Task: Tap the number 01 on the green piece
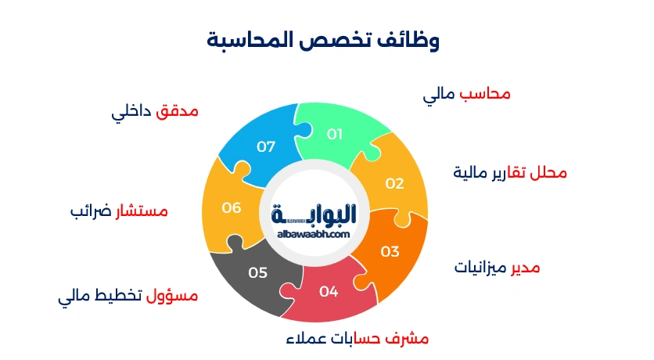335,134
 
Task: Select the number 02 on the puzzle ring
394,184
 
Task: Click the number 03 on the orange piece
390,251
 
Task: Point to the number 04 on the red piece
329,292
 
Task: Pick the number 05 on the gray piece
258,272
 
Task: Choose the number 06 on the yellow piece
231,207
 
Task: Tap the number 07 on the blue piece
266,146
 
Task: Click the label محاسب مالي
467,95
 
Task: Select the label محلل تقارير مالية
510,172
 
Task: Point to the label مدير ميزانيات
498,268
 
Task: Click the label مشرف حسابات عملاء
355,339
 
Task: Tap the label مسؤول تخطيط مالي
128,297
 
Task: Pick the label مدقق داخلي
155,112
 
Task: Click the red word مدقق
178,112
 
